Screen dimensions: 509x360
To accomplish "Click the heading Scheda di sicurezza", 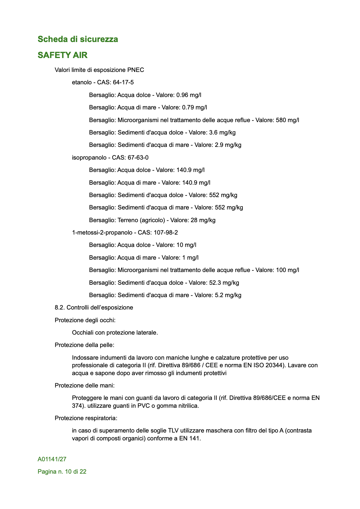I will [78, 39].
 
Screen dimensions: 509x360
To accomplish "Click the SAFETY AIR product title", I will [63, 55].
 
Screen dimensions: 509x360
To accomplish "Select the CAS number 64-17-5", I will [123, 83].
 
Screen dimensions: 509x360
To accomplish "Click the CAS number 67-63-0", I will [138, 158].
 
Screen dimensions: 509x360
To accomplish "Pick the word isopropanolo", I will [89, 158].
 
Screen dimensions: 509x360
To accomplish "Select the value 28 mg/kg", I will [203, 220].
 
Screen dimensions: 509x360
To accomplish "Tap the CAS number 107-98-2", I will [166, 233].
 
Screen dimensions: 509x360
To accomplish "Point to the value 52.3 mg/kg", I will [224, 283].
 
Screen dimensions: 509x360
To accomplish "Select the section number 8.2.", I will [59, 308].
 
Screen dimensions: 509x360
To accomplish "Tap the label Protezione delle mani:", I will [84, 386].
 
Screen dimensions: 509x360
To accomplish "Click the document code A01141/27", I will [52, 459].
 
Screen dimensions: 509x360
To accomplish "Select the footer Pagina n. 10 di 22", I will [62, 472].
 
